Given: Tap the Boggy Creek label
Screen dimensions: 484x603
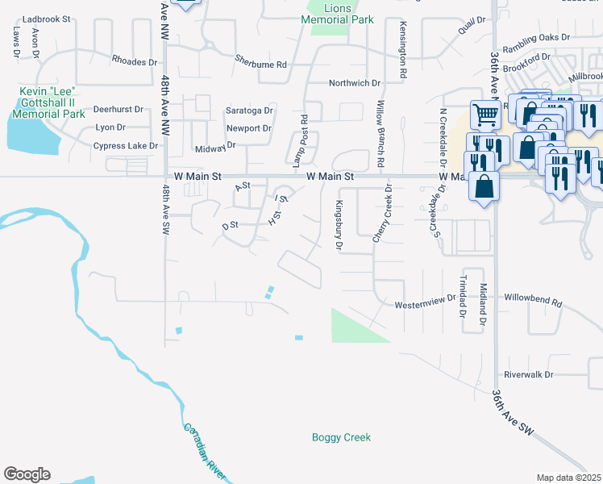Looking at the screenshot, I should pos(341,437).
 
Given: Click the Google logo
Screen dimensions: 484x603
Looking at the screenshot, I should pos(27,474).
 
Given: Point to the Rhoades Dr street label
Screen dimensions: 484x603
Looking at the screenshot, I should pos(134,61).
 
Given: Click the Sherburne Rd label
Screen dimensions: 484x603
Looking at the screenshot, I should pos(261,61).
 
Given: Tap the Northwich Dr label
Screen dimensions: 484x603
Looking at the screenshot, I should pos(354,83).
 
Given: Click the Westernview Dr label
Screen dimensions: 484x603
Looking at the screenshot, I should pos(426,304).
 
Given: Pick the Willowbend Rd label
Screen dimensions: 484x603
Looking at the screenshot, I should pos(533,299).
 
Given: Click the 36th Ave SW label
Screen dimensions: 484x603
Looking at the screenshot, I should pos(513,411).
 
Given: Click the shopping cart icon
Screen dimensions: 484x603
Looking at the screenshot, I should pos(484,115).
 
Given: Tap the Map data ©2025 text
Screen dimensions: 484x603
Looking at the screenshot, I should pos(568,478).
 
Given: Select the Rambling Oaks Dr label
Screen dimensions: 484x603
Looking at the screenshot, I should pos(536,37).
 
